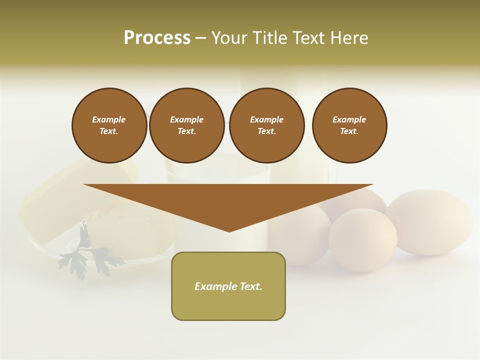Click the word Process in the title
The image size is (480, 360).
point(157,38)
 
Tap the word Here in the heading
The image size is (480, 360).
point(348,38)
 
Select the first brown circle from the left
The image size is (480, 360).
point(109,125)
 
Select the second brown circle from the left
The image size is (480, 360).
point(187,125)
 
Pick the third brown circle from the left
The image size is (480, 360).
point(267,125)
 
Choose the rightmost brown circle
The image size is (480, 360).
point(349,125)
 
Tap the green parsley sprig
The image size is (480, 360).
point(87,255)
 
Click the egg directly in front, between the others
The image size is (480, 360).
point(362,240)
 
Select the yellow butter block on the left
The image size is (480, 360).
point(55,200)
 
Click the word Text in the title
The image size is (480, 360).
point(310,38)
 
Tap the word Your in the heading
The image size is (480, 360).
point(229,38)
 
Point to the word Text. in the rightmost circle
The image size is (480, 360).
point(349,131)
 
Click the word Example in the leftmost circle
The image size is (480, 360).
point(109,119)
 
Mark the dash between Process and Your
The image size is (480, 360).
point(200,38)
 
